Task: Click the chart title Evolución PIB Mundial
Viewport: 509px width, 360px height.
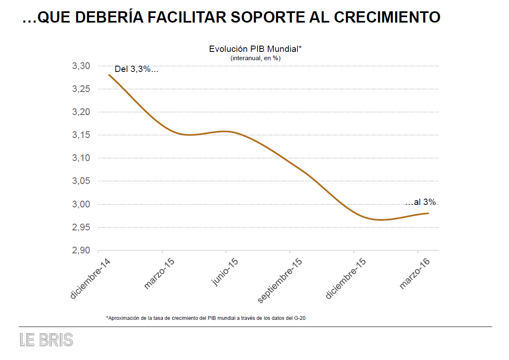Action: (255, 49)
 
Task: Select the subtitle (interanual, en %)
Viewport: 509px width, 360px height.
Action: (255, 59)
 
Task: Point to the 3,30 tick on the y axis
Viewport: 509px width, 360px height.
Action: (81, 66)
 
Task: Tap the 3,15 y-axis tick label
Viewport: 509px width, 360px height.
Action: (81, 135)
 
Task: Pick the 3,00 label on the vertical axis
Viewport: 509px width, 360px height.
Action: (81, 204)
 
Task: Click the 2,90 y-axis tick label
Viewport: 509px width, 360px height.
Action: (81, 250)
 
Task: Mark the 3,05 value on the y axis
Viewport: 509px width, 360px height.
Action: (81, 181)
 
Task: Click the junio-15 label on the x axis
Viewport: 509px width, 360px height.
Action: (225, 272)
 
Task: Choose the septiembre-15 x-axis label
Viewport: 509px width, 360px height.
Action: (280, 281)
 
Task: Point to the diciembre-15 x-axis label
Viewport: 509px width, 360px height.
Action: (346, 278)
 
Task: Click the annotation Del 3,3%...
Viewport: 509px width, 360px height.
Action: (136, 69)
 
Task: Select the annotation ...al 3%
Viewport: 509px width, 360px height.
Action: (420, 202)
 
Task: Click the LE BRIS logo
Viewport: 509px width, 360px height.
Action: (46, 340)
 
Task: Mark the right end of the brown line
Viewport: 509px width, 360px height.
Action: (428, 213)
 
